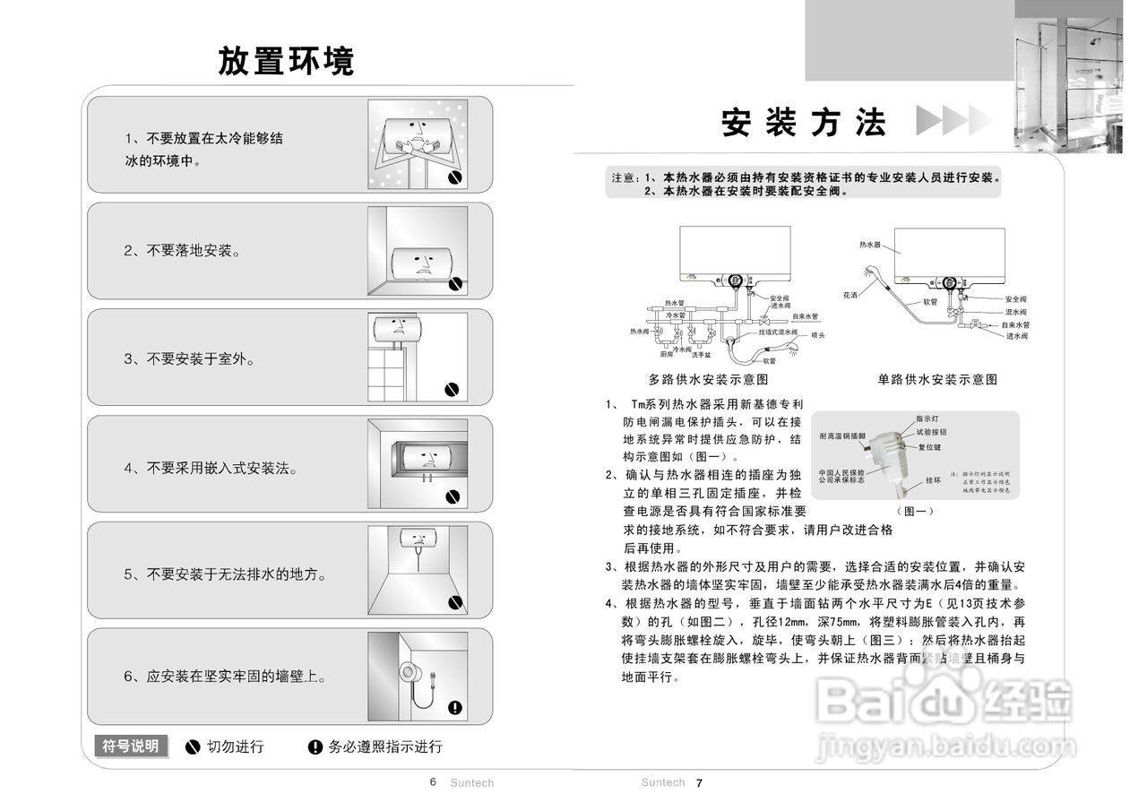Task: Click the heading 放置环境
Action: [x=286, y=61]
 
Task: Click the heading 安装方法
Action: [x=804, y=123]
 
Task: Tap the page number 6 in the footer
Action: [x=433, y=782]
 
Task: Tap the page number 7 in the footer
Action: [x=700, y=783]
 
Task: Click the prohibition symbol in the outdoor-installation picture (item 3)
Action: [x=453, y=390]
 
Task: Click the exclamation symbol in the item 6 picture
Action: [x=454, y=708]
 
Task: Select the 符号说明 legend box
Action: [x=131, y=746]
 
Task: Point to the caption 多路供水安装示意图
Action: [x=708, y=379]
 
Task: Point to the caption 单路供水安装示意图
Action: [x=937, y=379]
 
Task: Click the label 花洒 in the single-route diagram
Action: [x=850, y=294]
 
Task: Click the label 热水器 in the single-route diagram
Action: [x=870, y=244]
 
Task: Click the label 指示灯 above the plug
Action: [x=927, y=418]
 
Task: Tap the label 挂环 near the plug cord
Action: [x=934, y=480]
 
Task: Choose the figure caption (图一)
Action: [x=915, y=511]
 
